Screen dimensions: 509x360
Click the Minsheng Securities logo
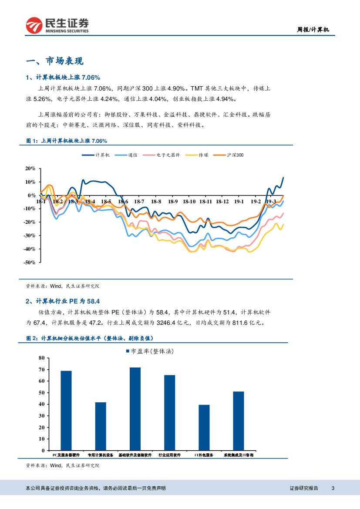57,25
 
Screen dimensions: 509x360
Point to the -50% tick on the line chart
30,263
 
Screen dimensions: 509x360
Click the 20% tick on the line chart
30,169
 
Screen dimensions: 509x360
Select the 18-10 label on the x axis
189,202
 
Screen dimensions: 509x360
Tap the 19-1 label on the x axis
239,202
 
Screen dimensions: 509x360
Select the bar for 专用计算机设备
101,426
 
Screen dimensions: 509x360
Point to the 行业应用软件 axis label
169,455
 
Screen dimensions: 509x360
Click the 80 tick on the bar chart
42,358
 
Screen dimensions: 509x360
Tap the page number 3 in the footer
333,488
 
